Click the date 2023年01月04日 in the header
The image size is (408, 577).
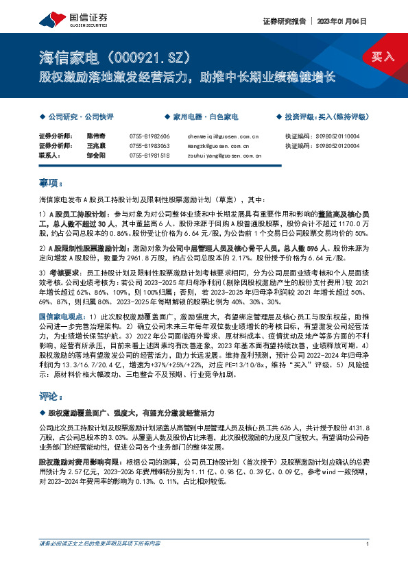point(346,21)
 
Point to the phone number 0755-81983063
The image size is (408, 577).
point(149,147)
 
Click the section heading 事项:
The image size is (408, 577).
point(52,183)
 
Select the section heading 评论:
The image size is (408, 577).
point(52,396)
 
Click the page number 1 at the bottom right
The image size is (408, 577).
point(369,563)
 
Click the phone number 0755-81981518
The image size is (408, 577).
point(149,156)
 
